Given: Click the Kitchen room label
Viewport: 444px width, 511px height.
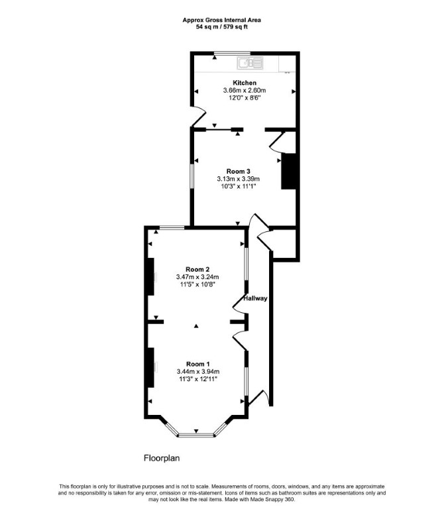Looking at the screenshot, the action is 245,83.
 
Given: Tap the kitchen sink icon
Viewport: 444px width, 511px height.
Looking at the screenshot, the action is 250,63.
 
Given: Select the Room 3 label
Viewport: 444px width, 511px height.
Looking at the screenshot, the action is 238,172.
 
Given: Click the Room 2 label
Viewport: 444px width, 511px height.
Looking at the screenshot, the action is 197,270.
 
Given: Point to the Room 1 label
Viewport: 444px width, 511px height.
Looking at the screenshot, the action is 197,364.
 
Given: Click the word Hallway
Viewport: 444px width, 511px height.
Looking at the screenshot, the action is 255,298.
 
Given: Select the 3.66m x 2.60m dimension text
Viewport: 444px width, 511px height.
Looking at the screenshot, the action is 245,90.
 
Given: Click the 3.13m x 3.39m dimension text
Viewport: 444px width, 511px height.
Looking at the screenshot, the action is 238,179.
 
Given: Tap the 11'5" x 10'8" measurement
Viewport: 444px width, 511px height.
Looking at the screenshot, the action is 197,284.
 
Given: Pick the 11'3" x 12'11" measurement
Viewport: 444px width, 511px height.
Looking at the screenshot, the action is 197,378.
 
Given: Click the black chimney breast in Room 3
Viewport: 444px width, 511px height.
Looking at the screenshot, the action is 289,171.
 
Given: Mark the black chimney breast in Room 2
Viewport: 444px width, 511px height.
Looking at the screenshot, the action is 150,276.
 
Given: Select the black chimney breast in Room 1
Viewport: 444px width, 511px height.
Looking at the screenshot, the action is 150,368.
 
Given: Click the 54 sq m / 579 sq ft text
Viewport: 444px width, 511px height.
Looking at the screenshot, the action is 221,27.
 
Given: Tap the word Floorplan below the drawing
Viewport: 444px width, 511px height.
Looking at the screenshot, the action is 162,458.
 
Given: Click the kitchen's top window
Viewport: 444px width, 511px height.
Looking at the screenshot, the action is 232,53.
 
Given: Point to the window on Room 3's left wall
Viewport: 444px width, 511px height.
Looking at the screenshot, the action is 192,176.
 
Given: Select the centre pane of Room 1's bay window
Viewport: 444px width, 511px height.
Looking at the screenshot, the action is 196,435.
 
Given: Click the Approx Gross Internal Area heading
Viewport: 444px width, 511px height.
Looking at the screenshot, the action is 221,20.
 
